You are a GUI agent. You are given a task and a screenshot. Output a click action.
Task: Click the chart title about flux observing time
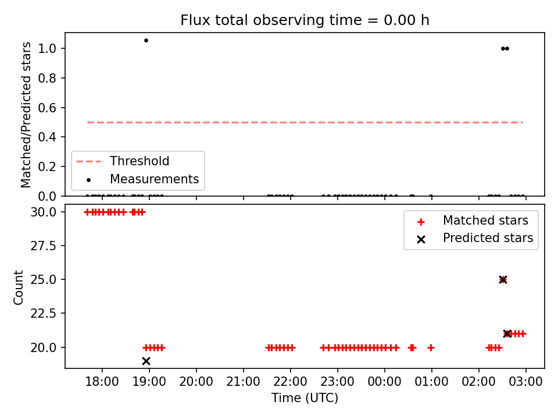(x=305, y=20)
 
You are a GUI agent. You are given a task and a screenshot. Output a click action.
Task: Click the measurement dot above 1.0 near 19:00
(x=146, y=41)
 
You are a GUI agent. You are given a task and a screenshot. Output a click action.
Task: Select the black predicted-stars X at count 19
(x=146, y=361)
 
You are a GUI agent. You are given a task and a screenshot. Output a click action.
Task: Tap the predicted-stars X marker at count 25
(x=503, y=280)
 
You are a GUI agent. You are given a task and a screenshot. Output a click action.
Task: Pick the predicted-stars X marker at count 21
(x=507, y=334)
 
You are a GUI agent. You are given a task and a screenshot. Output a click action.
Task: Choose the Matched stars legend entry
(x=473, y=221)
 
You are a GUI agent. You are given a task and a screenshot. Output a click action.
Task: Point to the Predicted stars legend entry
(x=475, y=238)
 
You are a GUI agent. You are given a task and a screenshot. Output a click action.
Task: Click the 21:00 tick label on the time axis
(x=244, y=382)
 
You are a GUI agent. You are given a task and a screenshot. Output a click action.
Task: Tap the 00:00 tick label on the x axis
(x=385, y=382)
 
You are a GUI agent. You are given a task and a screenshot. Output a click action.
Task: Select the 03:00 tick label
(x=525, y=382)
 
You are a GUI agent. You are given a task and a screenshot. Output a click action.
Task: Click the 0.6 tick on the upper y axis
(x=47, y=108)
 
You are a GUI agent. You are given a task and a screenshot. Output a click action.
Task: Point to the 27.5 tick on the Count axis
(x=44, y=246)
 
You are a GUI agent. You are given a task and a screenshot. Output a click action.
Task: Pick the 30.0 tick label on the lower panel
(x=44, y=212)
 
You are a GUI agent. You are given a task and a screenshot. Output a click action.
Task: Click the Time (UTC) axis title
(x=305, y=397)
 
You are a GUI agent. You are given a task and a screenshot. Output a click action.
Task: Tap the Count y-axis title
(x=18, y=287)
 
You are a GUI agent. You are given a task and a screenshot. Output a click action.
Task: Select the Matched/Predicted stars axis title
(x=26, y=115)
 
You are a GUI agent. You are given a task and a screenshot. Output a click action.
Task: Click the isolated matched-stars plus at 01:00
(x=431, y=347)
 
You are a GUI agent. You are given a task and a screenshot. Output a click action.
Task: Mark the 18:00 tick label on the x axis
(x=102, y=382)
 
